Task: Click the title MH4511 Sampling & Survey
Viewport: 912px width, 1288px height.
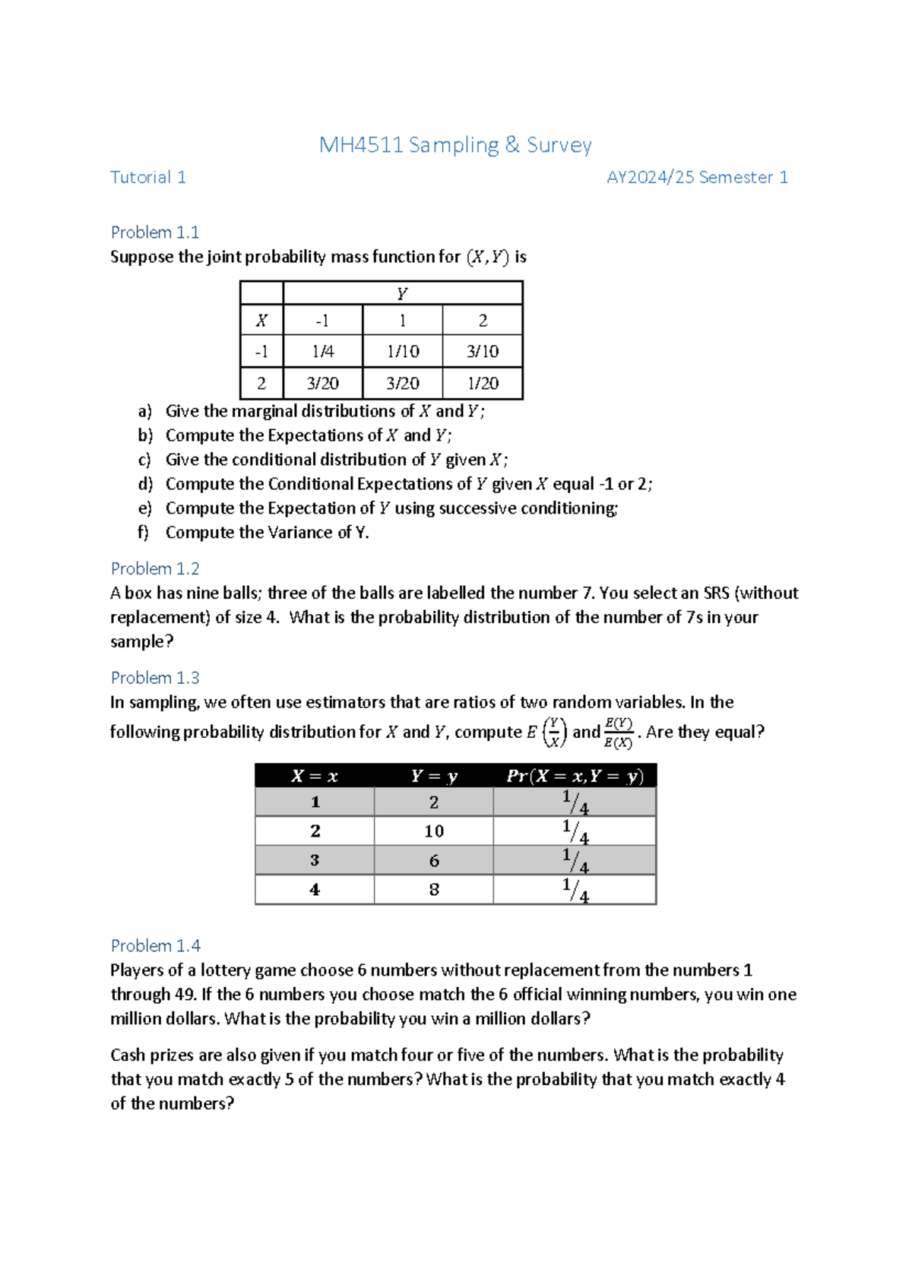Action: coord(454,145)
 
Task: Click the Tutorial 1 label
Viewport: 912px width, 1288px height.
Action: coord(147,177)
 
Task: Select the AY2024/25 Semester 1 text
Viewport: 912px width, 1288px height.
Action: coord(696,177)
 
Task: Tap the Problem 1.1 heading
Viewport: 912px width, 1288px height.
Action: coord(154,232)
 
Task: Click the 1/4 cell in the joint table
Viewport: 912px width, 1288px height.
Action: coord(322,352)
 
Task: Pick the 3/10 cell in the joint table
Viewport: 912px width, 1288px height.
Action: coord(483,352)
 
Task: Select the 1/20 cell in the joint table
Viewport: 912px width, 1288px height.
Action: coord(483,384)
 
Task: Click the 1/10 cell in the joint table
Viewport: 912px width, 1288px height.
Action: coord(403,352)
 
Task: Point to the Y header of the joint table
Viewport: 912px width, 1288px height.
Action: coord(402,294)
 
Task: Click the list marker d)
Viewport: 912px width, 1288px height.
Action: coord(145,484)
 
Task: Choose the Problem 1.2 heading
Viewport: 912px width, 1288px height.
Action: coord(154,568)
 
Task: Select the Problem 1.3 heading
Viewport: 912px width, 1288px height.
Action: coord(154,677)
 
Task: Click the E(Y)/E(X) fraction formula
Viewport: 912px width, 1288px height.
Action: coord(618,733)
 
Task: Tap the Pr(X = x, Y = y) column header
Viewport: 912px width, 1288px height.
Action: coord(575,776)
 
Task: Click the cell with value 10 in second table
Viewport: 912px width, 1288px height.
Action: coord(433,831)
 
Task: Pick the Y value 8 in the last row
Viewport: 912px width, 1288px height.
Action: coord(433,890)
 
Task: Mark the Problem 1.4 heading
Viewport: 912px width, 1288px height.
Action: coord(155,945)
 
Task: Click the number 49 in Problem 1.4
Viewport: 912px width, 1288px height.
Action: coord(185,994)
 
